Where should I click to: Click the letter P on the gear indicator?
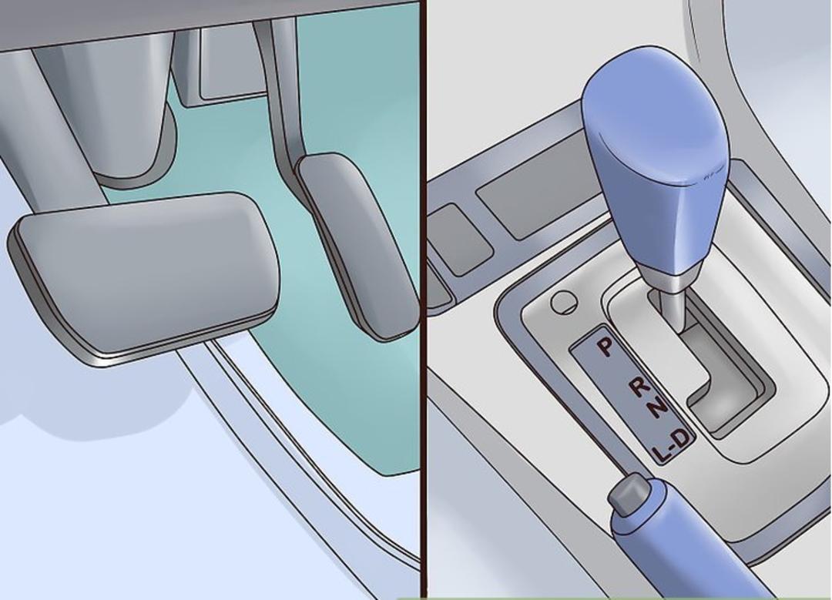click(605, 347)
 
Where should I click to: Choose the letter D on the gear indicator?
click(683, 438)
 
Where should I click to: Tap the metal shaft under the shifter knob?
click(671, 303)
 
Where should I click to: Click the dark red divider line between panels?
click(423, 300)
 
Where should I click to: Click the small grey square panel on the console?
click(461, 240)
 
